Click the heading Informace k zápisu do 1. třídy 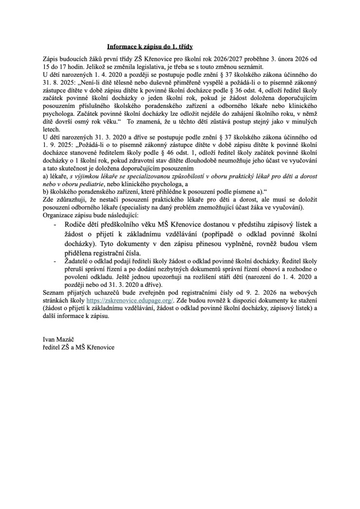(150, 47)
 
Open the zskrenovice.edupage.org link (126, 301)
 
